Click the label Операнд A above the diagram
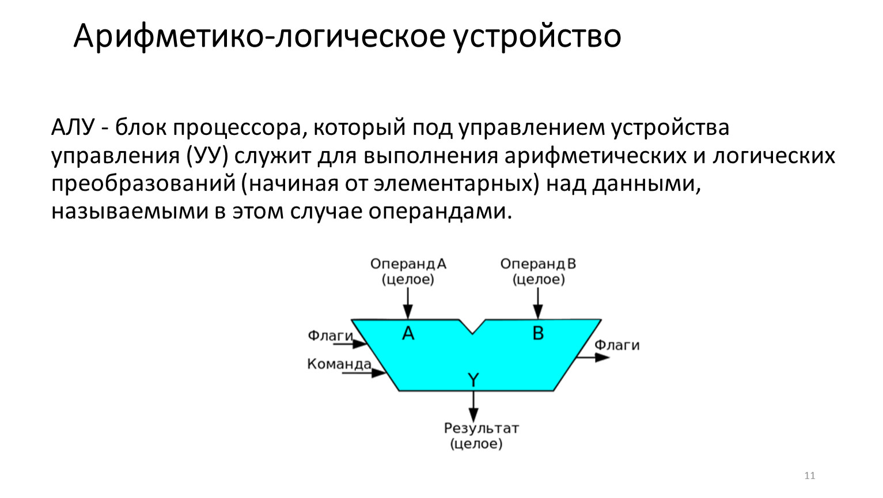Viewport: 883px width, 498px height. [408, 264]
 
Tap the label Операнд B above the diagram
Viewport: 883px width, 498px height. [538, 264]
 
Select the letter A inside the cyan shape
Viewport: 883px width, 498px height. [408, 333]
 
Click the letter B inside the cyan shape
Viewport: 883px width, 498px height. [538, 333]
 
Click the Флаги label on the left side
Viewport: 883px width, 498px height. [330, 335]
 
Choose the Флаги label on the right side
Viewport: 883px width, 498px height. [617, 345]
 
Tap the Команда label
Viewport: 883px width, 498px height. [339, 364]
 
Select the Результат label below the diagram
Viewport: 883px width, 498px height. [481, 429]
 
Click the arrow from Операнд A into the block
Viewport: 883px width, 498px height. [408, 303]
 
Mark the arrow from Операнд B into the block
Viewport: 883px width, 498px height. [538, 303]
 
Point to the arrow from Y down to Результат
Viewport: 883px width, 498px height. [473, 406]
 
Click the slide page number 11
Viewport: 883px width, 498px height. [809, 476]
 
